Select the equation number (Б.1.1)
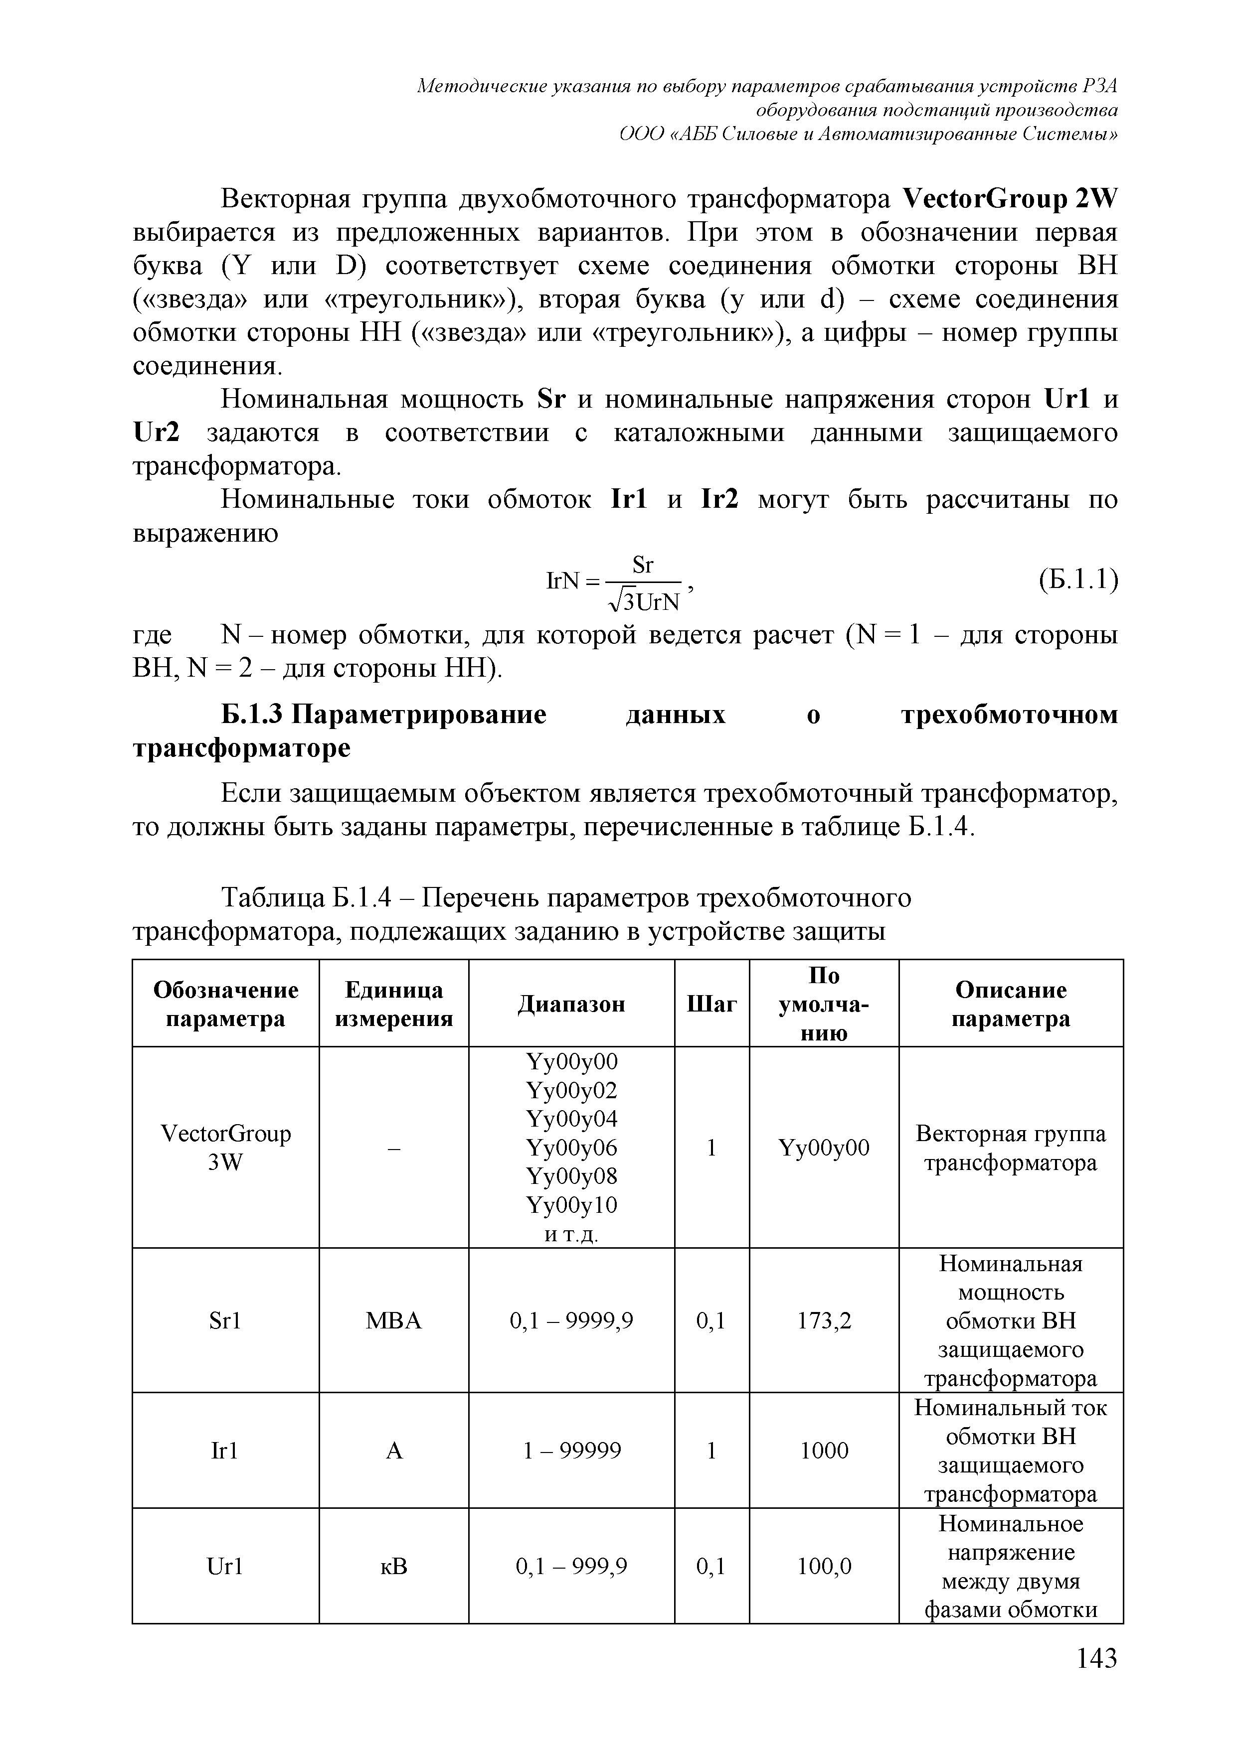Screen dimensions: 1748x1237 point(1078,581)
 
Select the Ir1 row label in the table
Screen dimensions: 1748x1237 point(225,1451)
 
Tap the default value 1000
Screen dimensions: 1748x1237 point(824,1451)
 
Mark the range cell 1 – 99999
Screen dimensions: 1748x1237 point(571,1451)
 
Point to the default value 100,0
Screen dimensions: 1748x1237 point(824,1567)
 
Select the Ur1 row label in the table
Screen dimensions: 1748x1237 point(225,1567)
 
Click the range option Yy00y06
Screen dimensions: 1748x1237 point(571,1148)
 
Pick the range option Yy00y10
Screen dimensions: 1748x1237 point(571,1205)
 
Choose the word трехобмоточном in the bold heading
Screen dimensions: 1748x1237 point(1009,716)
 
